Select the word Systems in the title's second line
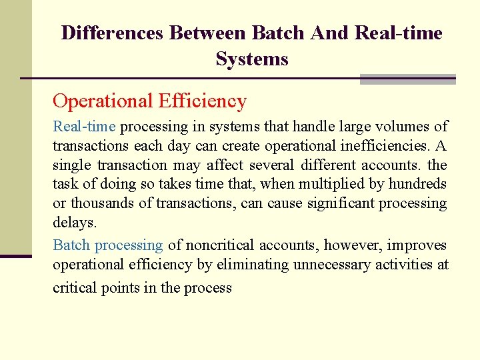click(x=252, y=59)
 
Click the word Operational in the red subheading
click(x=103, y=101)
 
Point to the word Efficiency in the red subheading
click(x=202, y=101)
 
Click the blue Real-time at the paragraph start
click(x=84, y=127)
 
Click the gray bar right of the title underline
click(x=407, y=79)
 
